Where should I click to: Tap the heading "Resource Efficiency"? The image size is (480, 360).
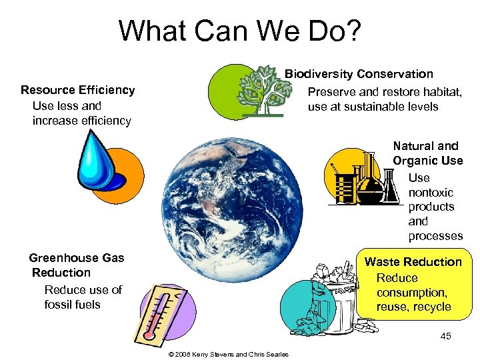tap(77, 90)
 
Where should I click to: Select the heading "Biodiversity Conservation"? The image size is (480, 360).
tap(359, 74)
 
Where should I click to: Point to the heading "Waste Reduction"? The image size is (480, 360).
tap(413, 262)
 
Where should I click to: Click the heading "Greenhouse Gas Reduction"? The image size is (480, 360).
tap(76, 265)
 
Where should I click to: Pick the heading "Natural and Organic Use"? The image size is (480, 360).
tap(427, 153)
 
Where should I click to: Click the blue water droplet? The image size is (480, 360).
tap(99, 160)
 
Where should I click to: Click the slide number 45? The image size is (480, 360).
tap(445, 336)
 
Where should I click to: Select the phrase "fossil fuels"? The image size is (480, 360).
tap(73, 305)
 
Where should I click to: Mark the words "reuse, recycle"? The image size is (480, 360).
tap(414, 307)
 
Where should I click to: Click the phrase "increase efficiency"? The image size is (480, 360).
tap(81, 121)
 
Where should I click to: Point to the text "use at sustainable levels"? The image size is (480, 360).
tap(373, 107)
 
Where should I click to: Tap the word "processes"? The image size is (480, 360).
tap(435, 236)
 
